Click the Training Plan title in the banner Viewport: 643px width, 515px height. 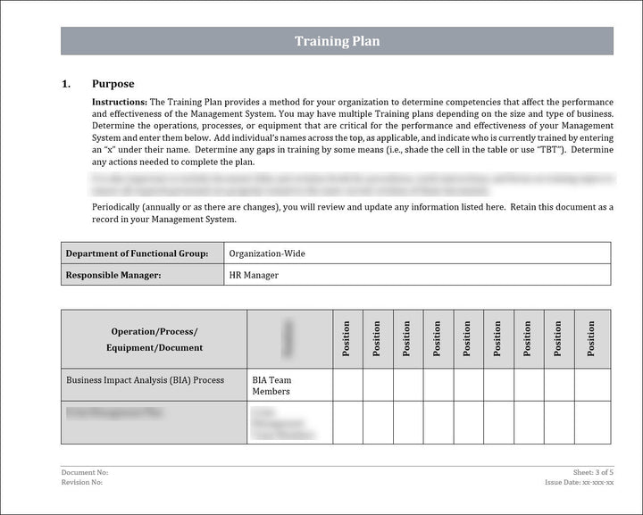[337, 41]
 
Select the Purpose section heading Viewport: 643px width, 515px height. [113, 84]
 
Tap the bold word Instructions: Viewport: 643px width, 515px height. [120, 103]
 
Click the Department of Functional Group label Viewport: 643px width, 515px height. [137, 253]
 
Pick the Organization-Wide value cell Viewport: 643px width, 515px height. [267, 253]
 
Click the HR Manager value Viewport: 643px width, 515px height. [254, 275]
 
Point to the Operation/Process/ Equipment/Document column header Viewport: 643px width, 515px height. [154, 339]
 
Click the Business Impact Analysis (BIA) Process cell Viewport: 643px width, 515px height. [145, 380]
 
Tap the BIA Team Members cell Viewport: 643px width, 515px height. [272, 386]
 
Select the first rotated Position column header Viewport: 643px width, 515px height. [347, 339]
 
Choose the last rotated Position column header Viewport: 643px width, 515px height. [591, 339]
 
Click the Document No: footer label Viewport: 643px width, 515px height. [85, 471]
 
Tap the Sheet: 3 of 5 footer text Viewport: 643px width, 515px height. [593, 471]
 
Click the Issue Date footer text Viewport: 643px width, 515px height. [580, 482]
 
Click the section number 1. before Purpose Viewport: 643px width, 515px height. [66, 84]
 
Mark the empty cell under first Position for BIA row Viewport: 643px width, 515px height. [347, 385]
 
